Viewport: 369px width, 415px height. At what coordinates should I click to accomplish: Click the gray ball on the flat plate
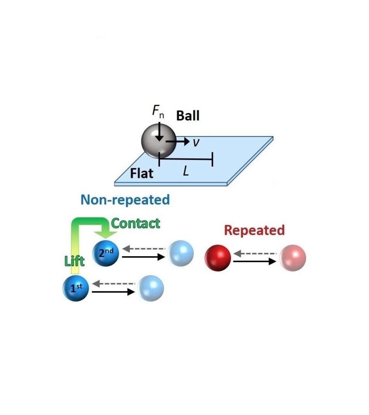pos(159,141)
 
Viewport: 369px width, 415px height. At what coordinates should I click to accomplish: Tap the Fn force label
pos(158,111)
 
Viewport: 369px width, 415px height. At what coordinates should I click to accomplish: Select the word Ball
pos(188,116)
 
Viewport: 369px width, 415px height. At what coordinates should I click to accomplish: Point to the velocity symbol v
pos(196,143)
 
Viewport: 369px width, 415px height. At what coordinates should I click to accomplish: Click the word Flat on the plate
pos(142,173)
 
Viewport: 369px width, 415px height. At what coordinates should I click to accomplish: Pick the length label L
pos(186,171)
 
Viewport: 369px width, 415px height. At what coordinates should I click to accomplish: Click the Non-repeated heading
pos(125,200)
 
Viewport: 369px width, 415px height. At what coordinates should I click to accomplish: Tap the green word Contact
pos(135,224)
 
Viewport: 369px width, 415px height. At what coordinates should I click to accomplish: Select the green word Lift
pos(75,261)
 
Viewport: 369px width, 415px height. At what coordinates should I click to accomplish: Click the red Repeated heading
pos(254,230)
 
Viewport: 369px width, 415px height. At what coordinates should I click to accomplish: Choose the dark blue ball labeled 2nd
pos(106,253)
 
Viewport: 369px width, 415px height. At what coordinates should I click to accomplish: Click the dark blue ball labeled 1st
pos(76,288)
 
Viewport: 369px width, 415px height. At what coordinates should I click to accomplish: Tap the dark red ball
pos(218,258)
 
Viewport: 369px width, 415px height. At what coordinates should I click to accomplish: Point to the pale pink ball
pos(293,258)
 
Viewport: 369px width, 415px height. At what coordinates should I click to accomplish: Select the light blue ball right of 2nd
pos(181,253)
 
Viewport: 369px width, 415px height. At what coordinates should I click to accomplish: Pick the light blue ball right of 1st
pos(150,288)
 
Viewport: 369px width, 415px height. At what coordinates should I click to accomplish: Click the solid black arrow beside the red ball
pos(255,261)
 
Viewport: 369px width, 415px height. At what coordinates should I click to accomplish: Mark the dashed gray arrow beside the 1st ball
pos(114,284)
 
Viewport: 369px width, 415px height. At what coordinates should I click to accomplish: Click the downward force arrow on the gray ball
pos(159,132)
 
